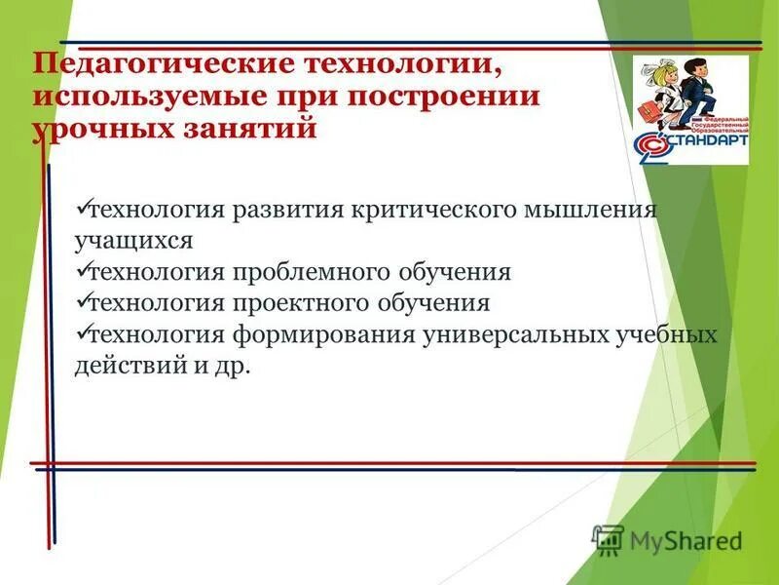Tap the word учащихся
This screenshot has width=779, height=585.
tap(134, 239)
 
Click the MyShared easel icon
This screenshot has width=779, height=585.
tap(609, 537)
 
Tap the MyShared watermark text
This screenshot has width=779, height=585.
tap(686, 539)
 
